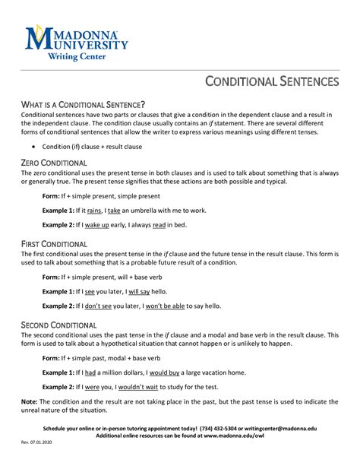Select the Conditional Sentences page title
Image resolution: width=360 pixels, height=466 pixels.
pyautogui.click(x=274, y=81)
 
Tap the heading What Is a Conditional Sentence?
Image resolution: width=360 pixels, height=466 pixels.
pyautogui.click(x=83, y=104)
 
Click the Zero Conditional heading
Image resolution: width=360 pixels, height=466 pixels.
pyautogui.click(x=54, y=163)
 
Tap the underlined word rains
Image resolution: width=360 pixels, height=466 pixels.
pyautogui.click(x=94, y=209)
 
